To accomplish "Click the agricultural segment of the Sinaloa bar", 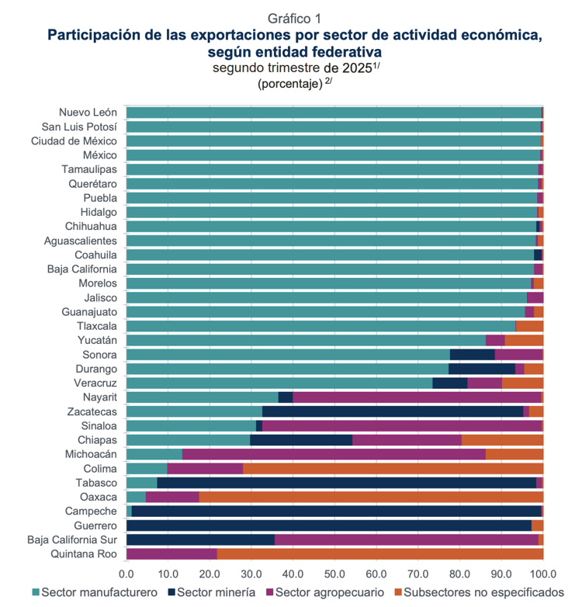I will click(402, 425).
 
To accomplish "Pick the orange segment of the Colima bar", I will click(393, 468).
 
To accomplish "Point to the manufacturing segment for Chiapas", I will click(188, 440).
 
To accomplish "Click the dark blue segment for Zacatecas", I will click(393, 411).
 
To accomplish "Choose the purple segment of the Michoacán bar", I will click(334, 454).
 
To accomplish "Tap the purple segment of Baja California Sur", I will click(407, 539).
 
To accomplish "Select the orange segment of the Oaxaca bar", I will click(371, 497).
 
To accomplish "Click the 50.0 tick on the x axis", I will click(334, 574).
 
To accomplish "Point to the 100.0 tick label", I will click(542, 574).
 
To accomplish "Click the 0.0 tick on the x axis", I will click(126, 574).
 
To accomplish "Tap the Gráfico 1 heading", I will click(294, 18).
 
